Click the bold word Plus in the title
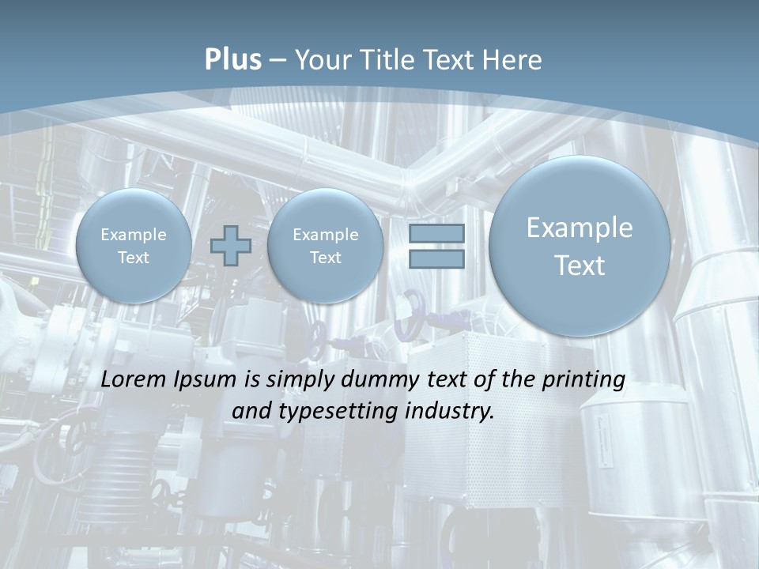(x=233, y=60)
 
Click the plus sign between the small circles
(x=231, y=246)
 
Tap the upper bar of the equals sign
(x=436, y=234)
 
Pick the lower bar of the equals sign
(x=436, y=259)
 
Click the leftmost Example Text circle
(x=134, y=246)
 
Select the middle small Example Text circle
(x=325, y=246)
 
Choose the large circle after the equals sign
(x=580, y=246)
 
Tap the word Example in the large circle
(x=580, y=228)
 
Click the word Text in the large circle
(x=580, y=266)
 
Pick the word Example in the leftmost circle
(x=134, y=235)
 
